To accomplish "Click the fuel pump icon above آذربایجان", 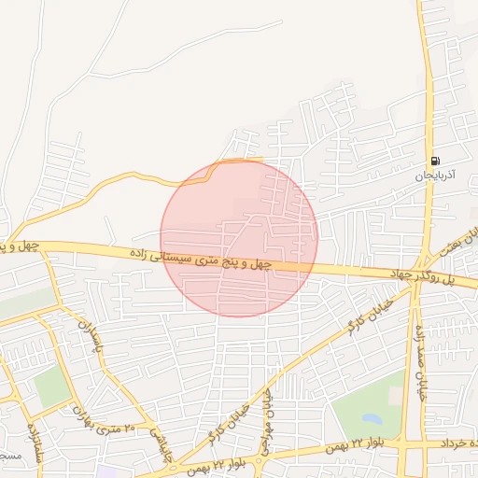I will pos(435,162).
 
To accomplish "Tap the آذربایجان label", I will pos(435,175).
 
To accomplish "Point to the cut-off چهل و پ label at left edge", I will pos(18,246).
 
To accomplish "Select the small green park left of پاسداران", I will pos(52,387).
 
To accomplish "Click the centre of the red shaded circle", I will pos(239,238).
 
